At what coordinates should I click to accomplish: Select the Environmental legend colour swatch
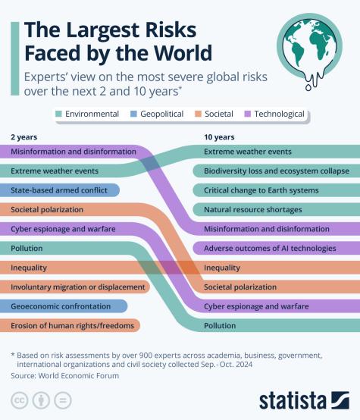[x=58, y=114]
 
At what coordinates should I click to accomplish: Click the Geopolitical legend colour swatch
[x=133, y=114]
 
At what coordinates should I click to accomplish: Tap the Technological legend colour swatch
[x=247, y=114]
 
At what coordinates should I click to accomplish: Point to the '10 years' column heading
[x=219, y=136]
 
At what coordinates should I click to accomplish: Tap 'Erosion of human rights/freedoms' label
[x=61, y=326]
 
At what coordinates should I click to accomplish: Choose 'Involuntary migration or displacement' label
[x=77, y=287]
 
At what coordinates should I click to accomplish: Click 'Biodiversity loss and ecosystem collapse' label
[x=275, y=171]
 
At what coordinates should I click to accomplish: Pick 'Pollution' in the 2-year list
[x=27, y=248]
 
